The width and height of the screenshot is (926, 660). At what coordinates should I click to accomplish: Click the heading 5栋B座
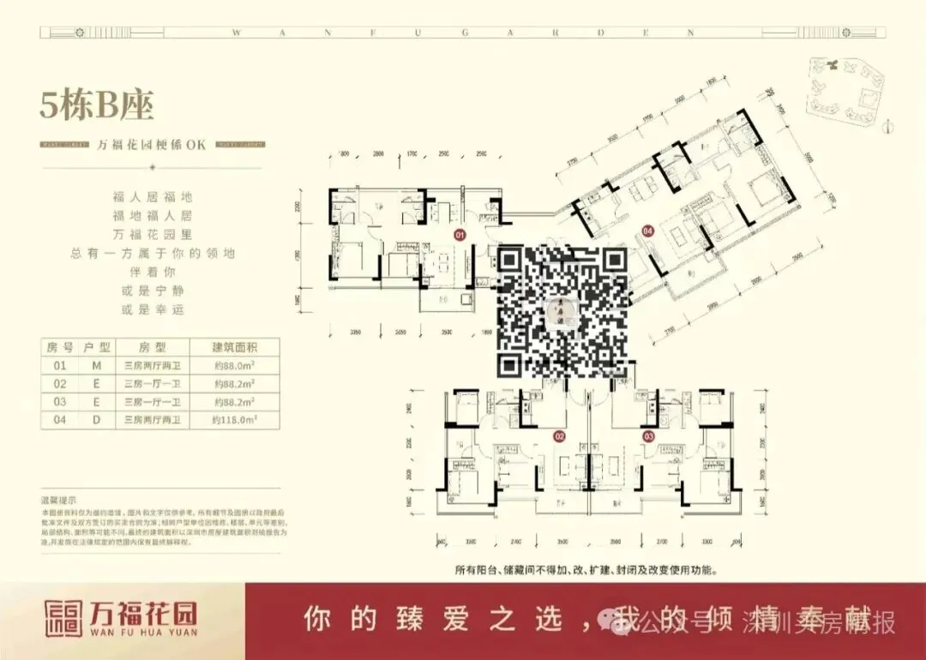(97, 106)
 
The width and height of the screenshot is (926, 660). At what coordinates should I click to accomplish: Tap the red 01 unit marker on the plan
(460, 233)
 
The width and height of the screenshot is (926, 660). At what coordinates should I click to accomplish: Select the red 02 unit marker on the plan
(560, 436)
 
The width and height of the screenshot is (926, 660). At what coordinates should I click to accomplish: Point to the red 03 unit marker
(649, 436)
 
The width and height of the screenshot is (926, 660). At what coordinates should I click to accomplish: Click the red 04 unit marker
(648, 230)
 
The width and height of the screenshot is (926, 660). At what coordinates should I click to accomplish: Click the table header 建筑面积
(234, 348)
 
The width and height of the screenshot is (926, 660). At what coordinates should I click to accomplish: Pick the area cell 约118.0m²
(234, 420)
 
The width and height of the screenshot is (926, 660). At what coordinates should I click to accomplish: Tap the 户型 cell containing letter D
(96, 420)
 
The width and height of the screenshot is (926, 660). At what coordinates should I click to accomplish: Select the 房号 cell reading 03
(60, 402)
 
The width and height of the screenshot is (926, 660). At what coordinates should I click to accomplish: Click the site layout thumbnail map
(845, 92)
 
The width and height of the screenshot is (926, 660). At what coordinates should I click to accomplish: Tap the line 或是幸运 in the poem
(153, 309)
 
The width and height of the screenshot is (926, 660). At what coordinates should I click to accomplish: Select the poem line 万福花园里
(153, 234)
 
